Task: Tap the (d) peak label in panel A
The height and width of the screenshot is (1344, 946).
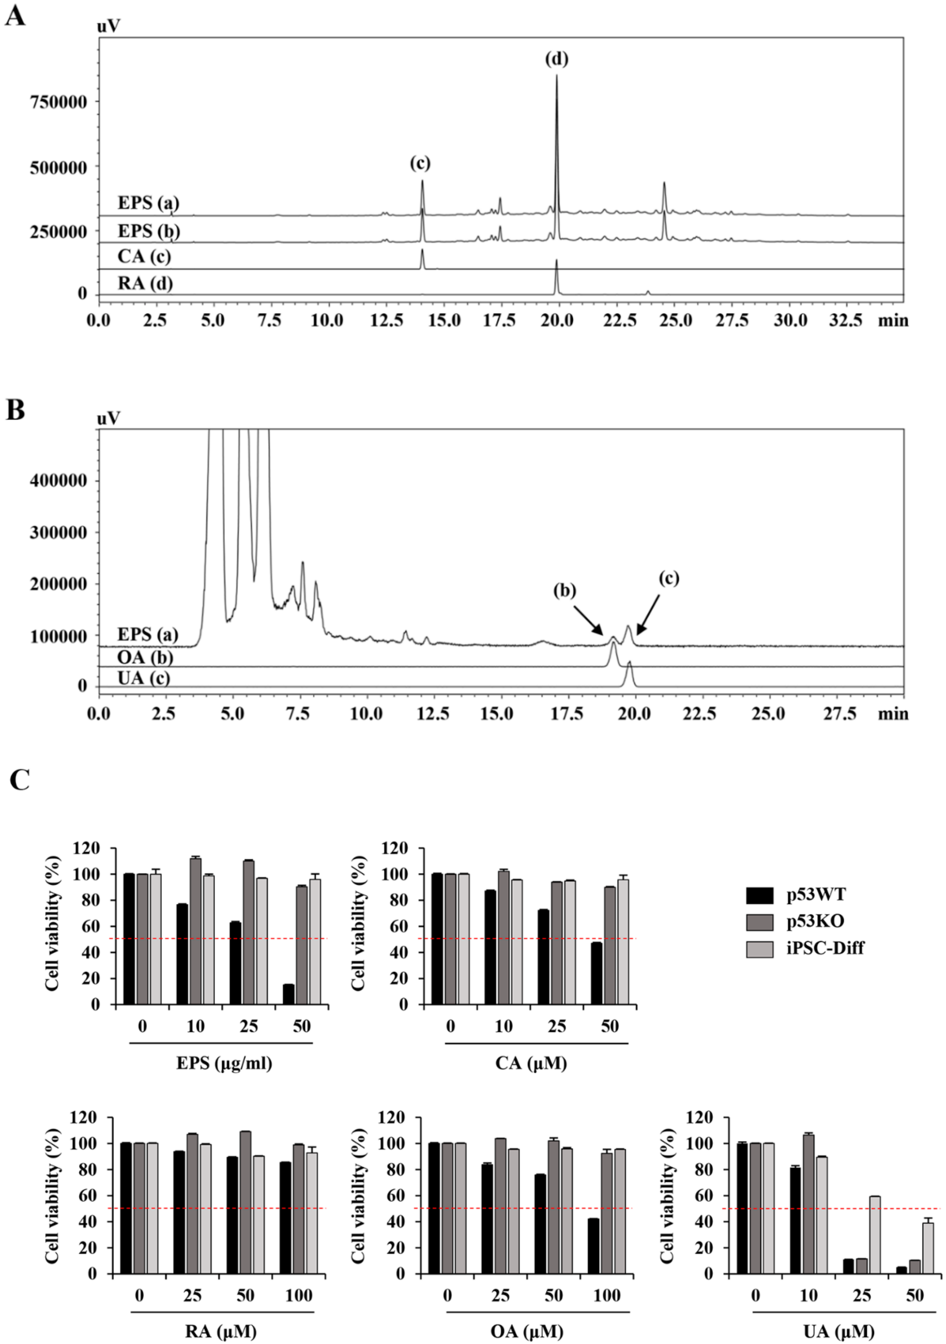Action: (x=556, y=59)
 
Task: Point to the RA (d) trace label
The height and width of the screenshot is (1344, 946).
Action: (x=145, y=284)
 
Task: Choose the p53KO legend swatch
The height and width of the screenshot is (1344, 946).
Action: (x=759, y=921)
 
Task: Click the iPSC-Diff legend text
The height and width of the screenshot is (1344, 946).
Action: (x=825, y=948)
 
